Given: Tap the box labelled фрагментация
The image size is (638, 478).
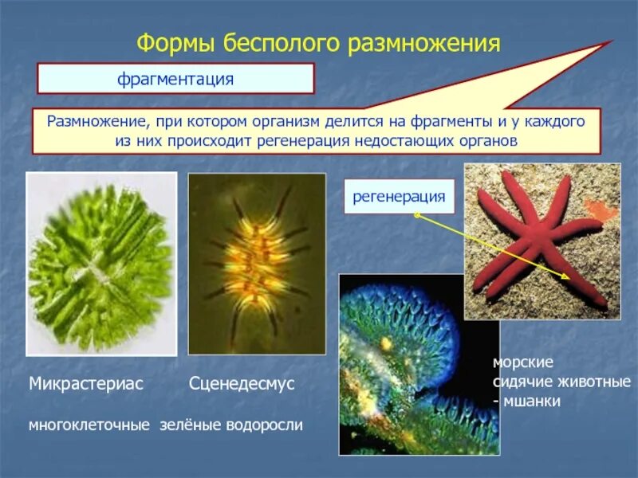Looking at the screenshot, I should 175,79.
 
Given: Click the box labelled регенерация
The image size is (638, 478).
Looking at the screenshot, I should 399,196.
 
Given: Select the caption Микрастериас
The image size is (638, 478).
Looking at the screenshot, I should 85,384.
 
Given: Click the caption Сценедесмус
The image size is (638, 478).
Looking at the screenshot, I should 242,384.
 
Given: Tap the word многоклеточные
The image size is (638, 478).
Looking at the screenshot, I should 89,425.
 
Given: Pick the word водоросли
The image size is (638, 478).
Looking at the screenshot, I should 266,425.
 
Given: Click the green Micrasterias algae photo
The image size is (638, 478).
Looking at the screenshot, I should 101,264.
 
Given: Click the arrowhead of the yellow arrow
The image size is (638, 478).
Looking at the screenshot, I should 568,279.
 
